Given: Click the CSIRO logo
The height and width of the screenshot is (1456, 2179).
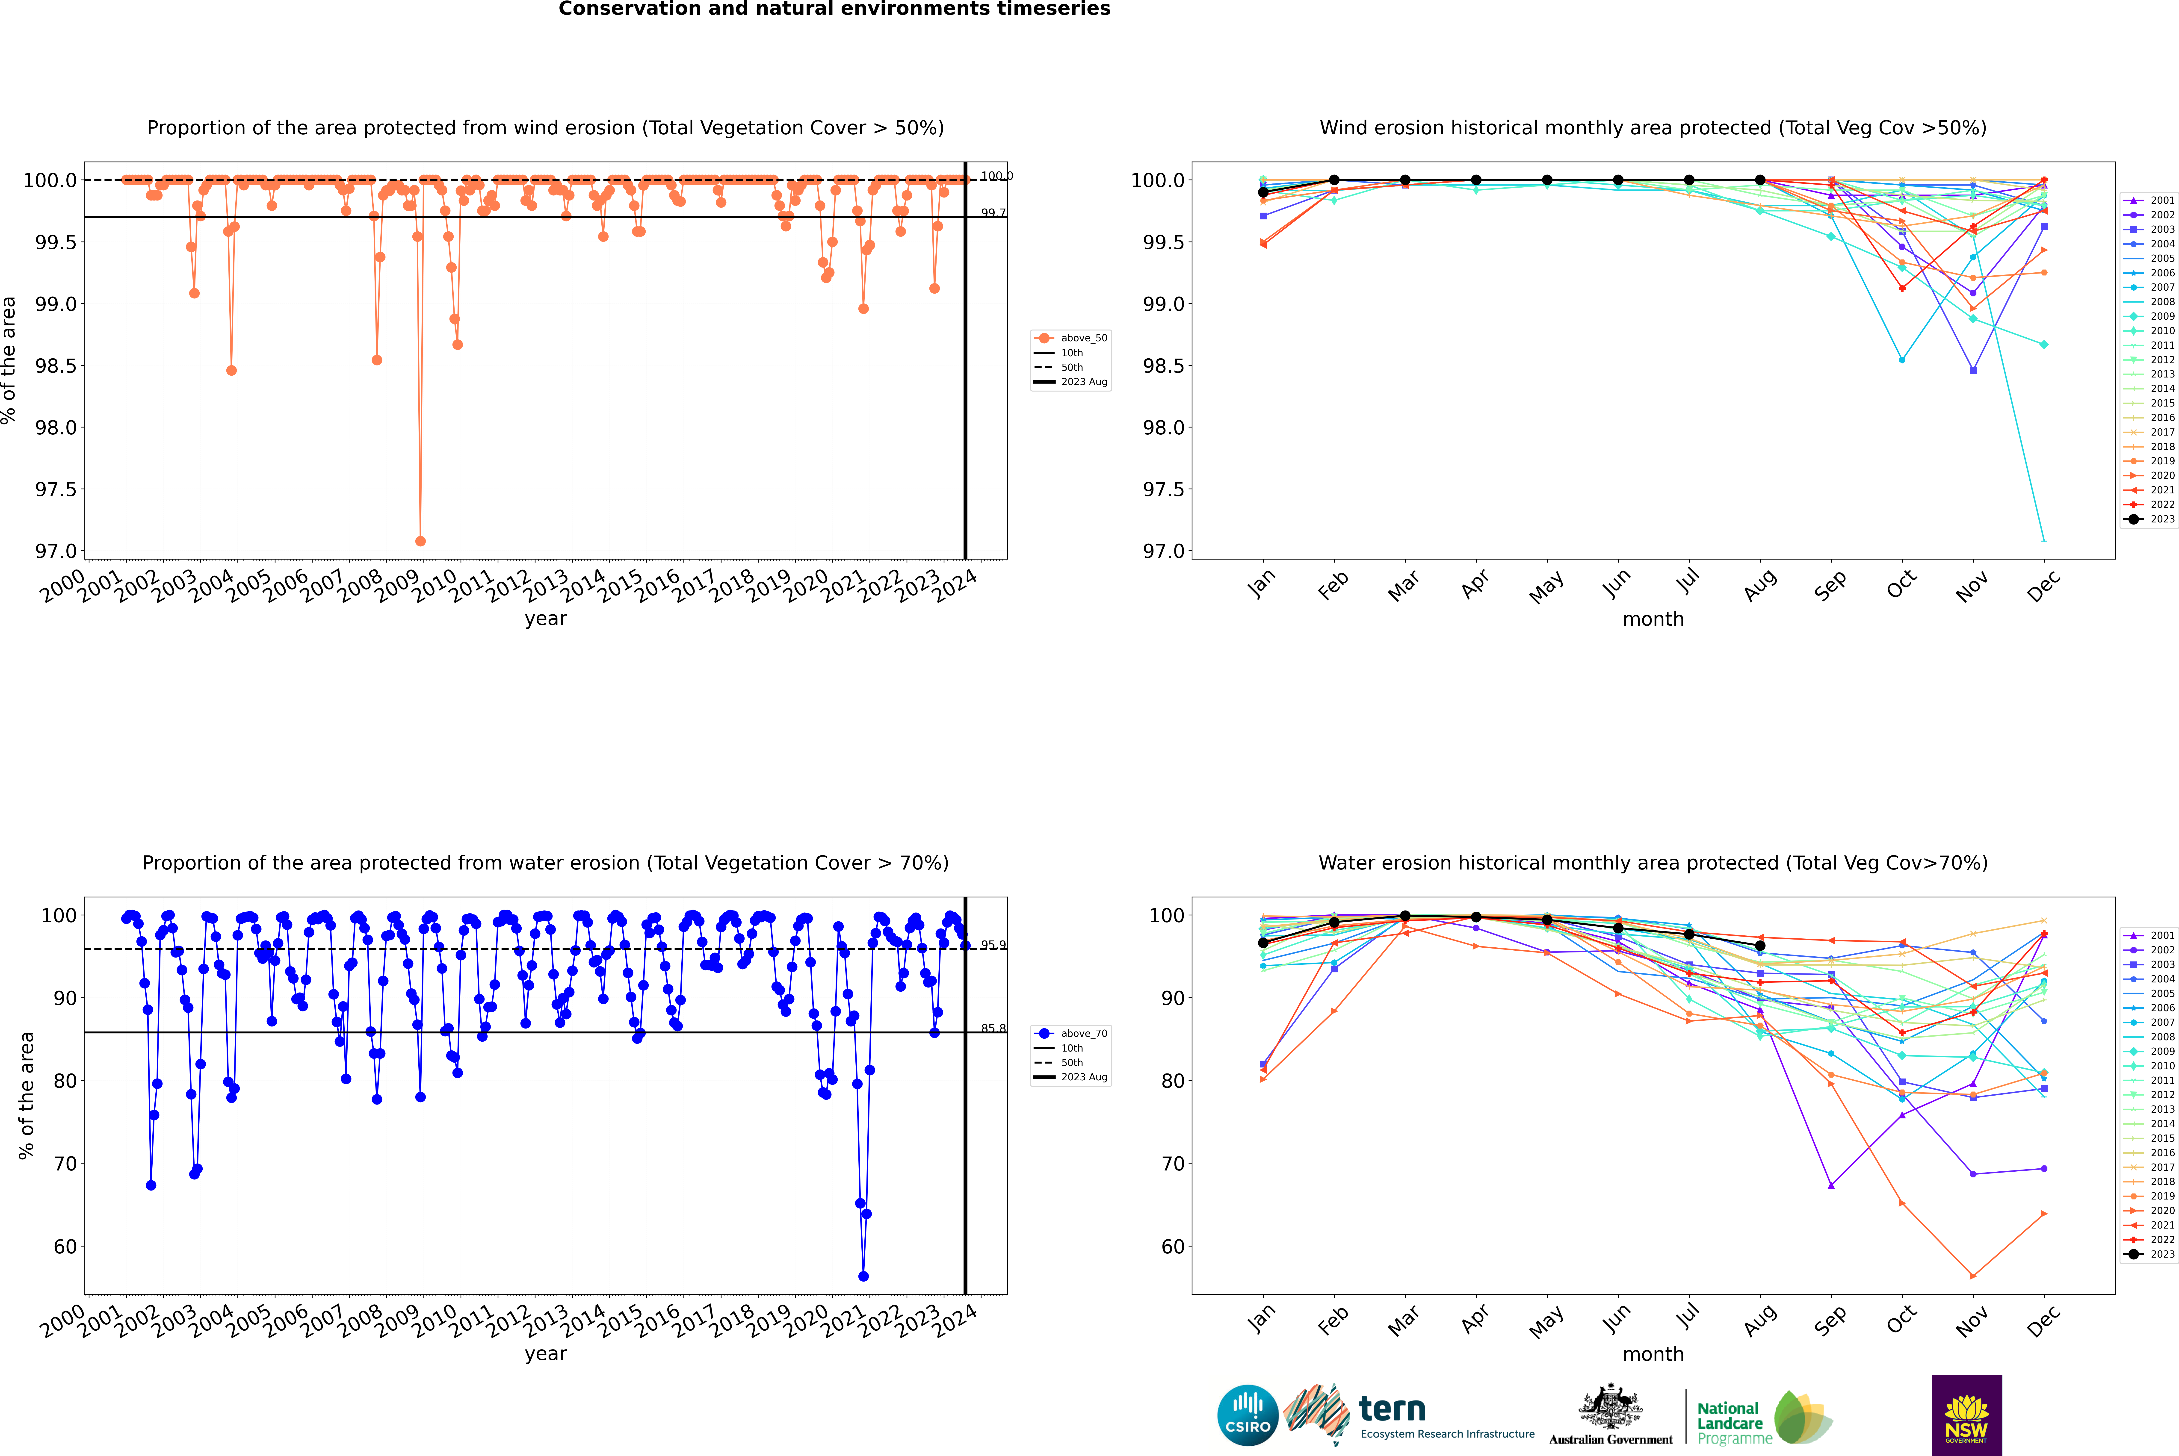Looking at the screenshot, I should (x=1248, y=1415).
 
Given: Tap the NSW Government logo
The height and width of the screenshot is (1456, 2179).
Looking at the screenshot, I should (x=1966, y=1415).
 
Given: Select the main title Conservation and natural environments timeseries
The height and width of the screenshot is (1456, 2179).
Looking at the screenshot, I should (x=834, y=9).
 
